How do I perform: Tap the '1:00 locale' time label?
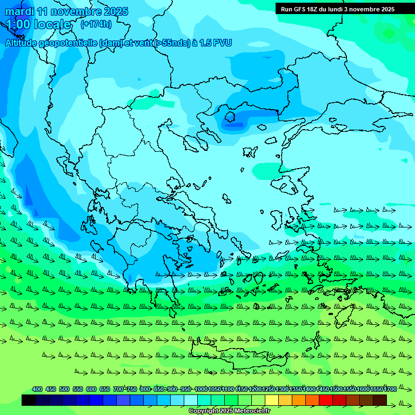click(39, 25)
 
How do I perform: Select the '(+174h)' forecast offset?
click(96, 24)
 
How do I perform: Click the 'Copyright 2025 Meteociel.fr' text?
click(229, 411)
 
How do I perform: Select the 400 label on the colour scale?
click(37, 389)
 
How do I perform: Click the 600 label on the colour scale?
click(91, 389)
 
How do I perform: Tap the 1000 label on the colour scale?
click(200, 389)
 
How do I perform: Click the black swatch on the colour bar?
click(29, 400)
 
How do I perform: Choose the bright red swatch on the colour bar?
click(326, 400)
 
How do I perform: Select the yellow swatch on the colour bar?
click(272, 400)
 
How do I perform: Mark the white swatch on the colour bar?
click(191, 400)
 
